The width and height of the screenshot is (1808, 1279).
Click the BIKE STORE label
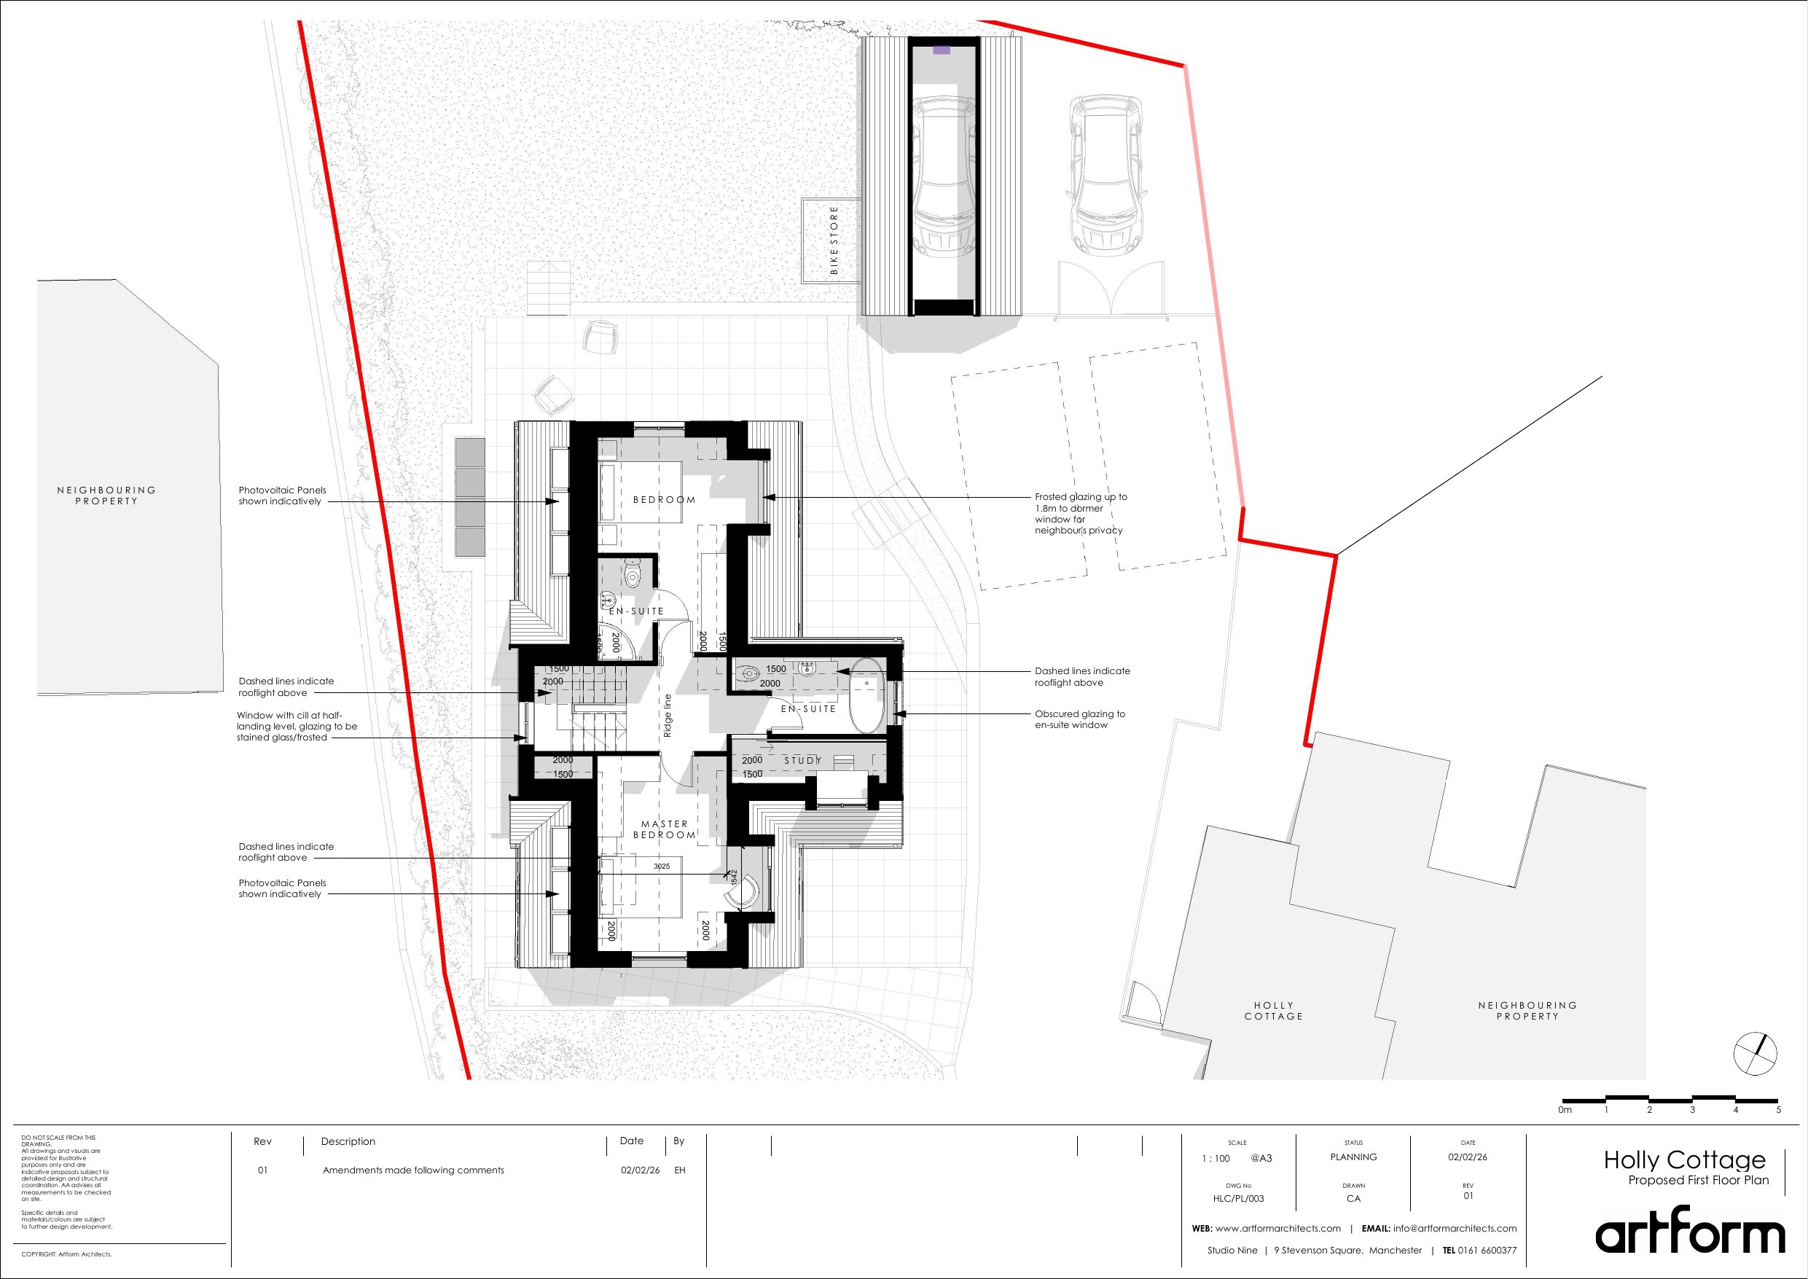pyautogui.click(x=834, y=240)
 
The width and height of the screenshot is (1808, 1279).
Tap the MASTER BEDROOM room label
pyautogui.click(x=665, y=829)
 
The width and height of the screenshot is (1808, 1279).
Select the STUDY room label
pyautogui.click(x=802, y=760)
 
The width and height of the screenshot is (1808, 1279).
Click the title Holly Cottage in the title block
pyautogui.click(x=1685, y=1160)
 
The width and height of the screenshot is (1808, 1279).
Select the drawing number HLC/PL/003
pyautogui.click(x=1239, y=1199)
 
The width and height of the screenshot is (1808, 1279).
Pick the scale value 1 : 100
pyautogui.click(x=1216, y=1159)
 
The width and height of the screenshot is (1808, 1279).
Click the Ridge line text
pyautogui.click(x=668, y=714)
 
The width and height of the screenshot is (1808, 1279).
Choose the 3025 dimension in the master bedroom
pyautogui.click(x=662, y=867)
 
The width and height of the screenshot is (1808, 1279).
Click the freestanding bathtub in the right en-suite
pyautogui.click(x=868, y=696)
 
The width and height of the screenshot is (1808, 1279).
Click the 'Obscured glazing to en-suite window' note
pyautogui.click(x=1079, y=719)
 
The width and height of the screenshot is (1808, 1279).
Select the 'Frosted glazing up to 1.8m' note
pyautogui.click(x=1081, y=514)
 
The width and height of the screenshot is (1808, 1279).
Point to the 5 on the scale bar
pyautogui.click(x=1778, y=1110)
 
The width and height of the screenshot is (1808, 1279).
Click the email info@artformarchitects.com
pyautogui.click(x=1455, y=1228)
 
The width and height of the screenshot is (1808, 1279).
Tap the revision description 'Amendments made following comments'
pyautogui.click(x=413, y=1170)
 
